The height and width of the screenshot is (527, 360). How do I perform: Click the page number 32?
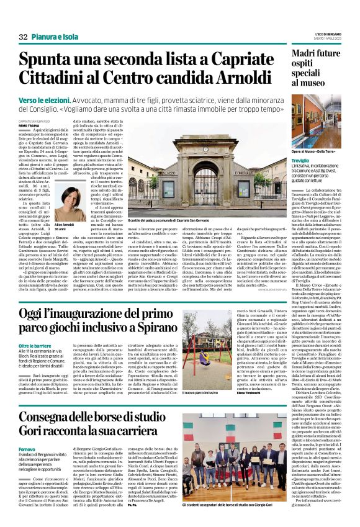pyautogui.click(x=23, y=38)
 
